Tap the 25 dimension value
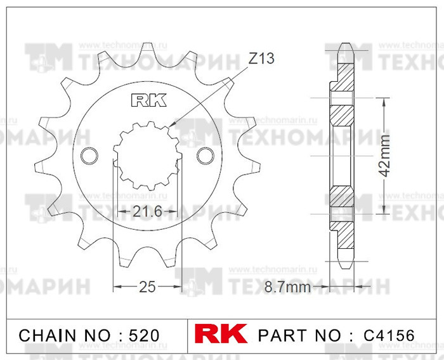point(147,287)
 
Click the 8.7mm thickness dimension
point(287,288)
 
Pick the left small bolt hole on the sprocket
point(90,156)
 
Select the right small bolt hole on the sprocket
point(205,156)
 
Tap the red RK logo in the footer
point(223,335)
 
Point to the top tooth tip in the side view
point(346,46)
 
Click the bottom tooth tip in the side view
point(346,265)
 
